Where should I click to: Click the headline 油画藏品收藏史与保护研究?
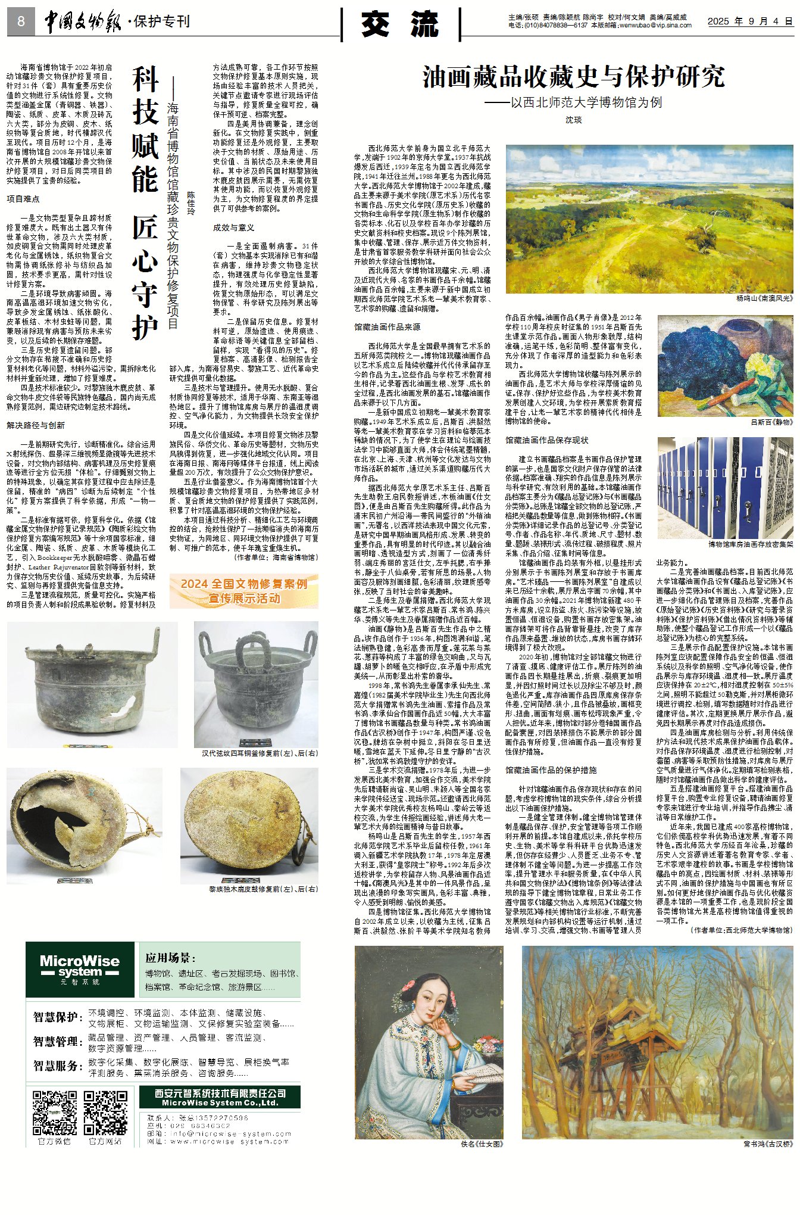[x=574, y=77]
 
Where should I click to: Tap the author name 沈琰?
[x=573, y=120]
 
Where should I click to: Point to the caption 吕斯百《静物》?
[x=771, y=422]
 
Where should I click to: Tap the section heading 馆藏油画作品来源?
[x=387, y=327]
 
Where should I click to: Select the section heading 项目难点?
[x=23, y=199]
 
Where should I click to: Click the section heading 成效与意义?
[x=234, y=228]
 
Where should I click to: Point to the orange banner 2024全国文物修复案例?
[x=243, y=590]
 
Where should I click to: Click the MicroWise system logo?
[x=80, y=969]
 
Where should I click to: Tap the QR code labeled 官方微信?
[x=54, y=1112]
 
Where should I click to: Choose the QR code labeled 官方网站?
[x=105, y=1112]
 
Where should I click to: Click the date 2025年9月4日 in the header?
[x=749, y=21]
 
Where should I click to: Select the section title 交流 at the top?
[x=400, y=25]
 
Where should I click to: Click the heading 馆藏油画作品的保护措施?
[x=551, y=770]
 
